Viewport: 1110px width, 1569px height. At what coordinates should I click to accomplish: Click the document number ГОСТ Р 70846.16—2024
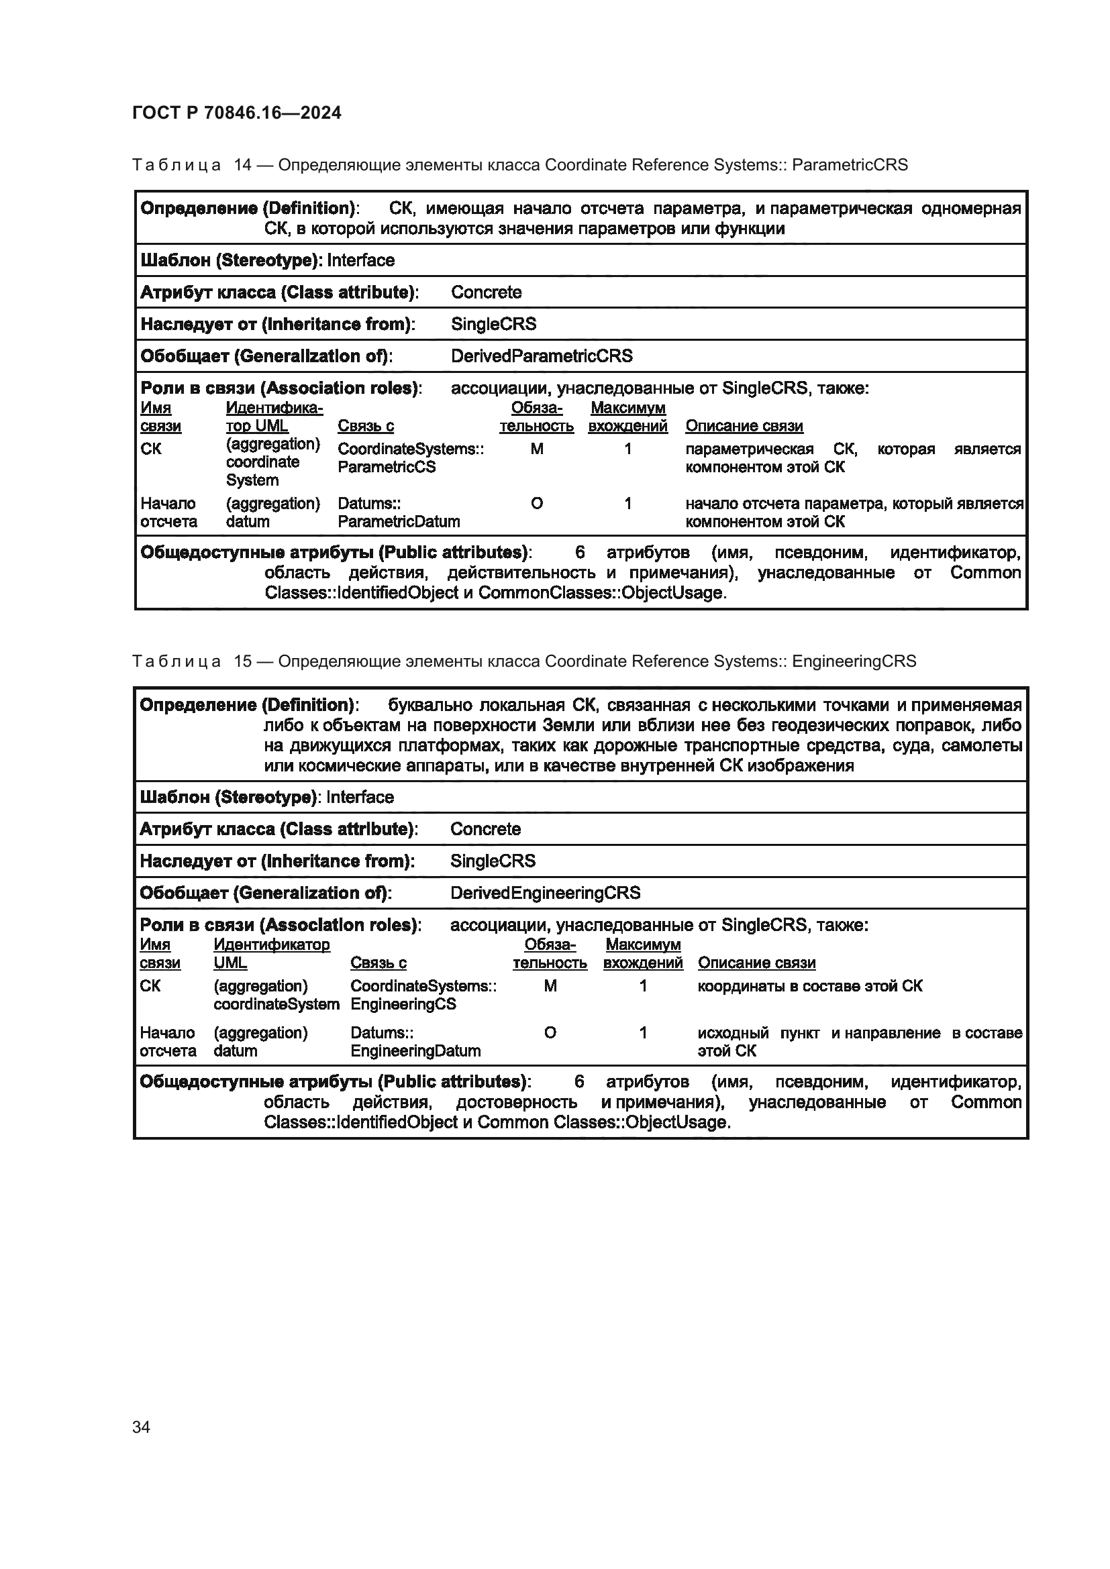click(x=236, y=113)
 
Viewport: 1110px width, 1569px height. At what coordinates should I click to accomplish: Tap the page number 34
click(x=142, y=1427)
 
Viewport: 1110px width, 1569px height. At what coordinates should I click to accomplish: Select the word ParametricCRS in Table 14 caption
click(x=850, y=165)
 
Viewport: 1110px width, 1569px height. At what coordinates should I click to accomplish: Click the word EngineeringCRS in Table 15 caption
click(x=854, y=661)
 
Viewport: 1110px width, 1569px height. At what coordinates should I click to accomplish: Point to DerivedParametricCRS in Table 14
click(x=542, y=356)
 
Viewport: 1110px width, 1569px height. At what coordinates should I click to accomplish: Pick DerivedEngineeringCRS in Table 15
click(x=545, y=892)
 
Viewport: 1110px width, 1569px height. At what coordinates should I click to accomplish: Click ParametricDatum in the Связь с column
click(x=399, y=521)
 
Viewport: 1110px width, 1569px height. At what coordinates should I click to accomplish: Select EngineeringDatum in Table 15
click(x=415, y=1050)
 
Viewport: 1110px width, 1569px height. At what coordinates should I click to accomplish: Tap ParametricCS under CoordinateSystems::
click(x=386, y=467)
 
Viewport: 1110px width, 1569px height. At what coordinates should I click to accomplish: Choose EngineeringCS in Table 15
click(x=403, y=1004)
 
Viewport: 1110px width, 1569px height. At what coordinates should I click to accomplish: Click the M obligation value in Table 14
click(x=537, y=449)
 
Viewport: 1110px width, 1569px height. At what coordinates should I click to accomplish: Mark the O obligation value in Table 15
click(x=550, y=1032)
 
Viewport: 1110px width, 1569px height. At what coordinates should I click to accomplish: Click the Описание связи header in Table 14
click(x=744, y=426)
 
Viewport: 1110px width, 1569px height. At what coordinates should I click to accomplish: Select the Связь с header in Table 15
click(x=378, y=962)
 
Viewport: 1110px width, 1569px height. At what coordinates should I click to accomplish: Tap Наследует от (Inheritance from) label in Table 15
click(x=276, y=861)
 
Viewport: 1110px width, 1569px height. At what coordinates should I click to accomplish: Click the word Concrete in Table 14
click(x=486, y=292)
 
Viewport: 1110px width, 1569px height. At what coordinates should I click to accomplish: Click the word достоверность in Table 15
click(x=516, y=1102)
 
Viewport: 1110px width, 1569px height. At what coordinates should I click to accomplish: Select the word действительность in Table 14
click(x=521, y=573)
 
